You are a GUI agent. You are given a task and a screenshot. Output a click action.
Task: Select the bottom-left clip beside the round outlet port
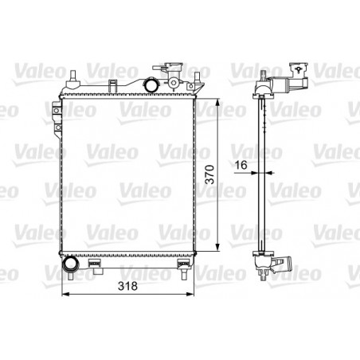pos(95,262)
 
